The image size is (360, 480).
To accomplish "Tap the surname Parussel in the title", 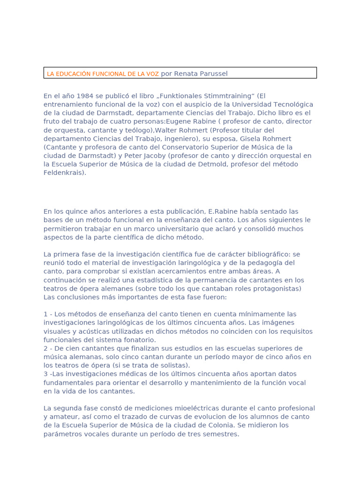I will tap(214, 74).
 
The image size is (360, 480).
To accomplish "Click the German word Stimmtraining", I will tap(202, 96).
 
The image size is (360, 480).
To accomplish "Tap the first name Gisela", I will tap(252, 139).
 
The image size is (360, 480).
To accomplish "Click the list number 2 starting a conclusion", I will tap(46, 348).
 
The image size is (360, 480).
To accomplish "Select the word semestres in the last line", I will tap(218, 434).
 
